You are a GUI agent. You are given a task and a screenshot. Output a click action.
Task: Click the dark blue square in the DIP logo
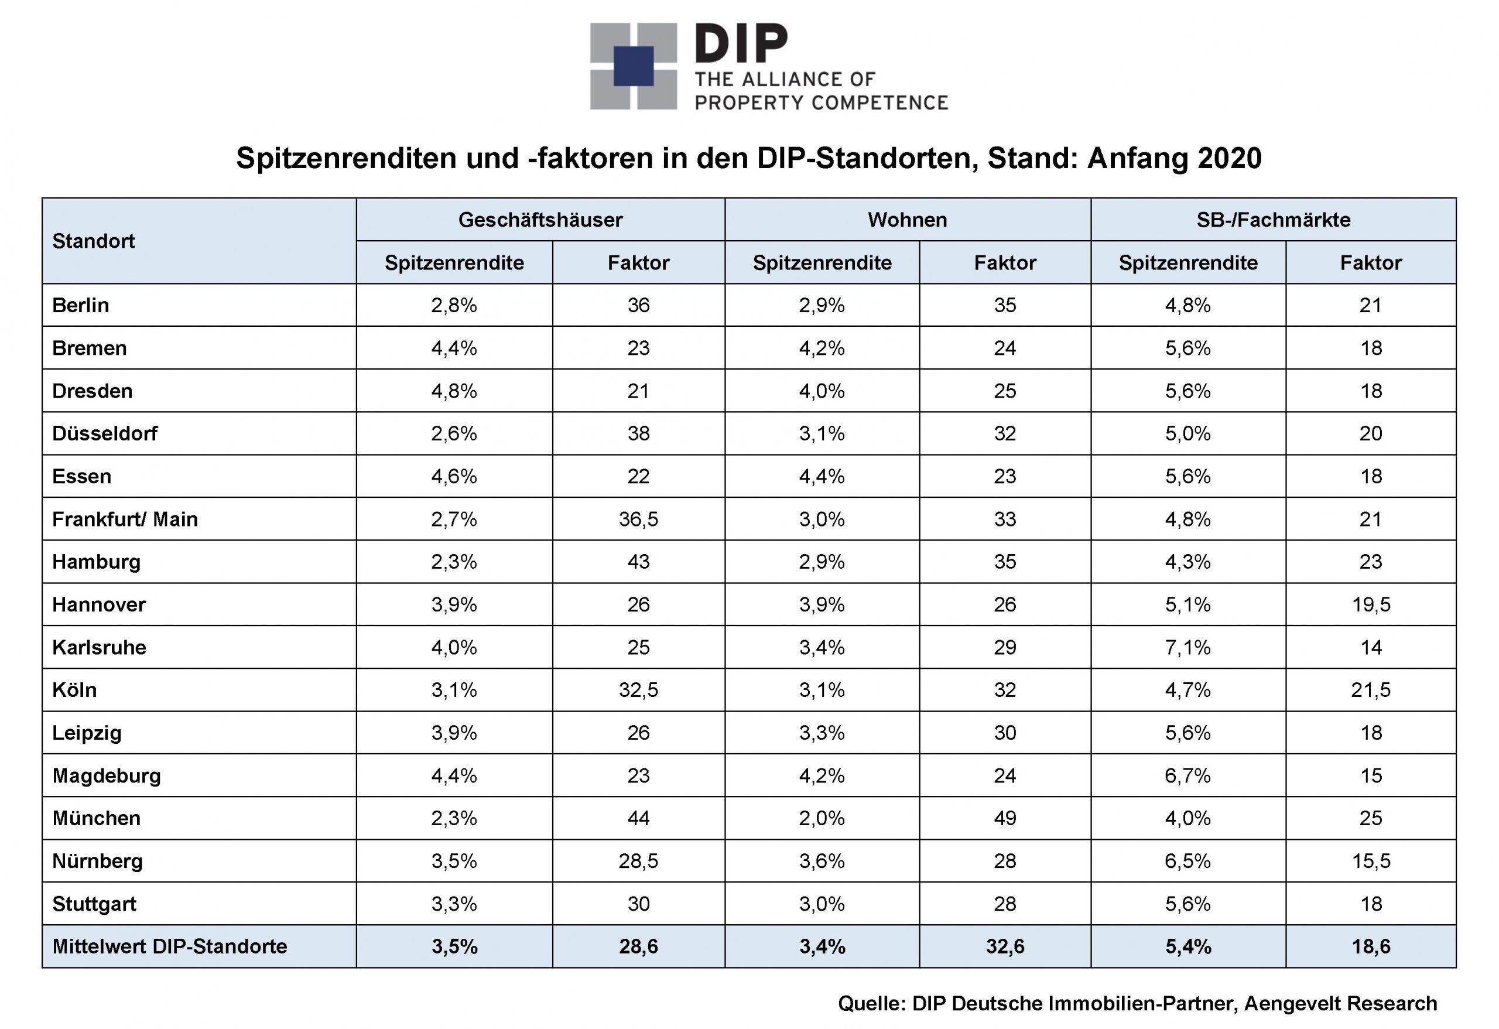coord(634,66)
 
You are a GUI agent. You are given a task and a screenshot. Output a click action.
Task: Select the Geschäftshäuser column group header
coord(540,220)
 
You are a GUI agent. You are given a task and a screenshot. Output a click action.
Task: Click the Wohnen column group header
coord(908,220)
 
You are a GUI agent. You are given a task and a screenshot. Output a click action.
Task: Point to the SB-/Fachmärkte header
coord(1273,220)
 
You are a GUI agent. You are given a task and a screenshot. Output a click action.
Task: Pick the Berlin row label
coord(81,305)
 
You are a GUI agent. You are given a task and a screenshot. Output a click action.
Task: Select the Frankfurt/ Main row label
coord(125,519)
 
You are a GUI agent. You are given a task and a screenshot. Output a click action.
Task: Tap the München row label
coord(97,819)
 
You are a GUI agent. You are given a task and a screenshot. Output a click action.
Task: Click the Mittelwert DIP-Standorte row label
coord(170,946)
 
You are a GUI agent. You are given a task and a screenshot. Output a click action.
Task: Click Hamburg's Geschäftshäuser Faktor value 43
coord(639,562)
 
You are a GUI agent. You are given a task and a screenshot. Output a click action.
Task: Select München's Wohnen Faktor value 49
coord(1005,819)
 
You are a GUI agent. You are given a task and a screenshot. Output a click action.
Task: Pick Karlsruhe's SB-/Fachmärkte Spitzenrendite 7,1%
coord(1187,648)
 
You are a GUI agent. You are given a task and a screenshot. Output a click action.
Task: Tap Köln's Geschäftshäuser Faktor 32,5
coord(639,690)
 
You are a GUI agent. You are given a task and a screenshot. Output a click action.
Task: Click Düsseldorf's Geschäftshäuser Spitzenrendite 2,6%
coord(454,433)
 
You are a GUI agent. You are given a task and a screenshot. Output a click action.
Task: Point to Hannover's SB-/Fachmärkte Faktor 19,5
coord(1371,605)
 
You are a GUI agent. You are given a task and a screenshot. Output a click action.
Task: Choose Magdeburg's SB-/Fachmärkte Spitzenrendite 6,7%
coord(1187,775)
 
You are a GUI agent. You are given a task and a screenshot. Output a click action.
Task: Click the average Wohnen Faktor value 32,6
coord(1005,946)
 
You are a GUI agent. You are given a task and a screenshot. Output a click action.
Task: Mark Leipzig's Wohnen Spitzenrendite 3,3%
coord(822,733)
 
